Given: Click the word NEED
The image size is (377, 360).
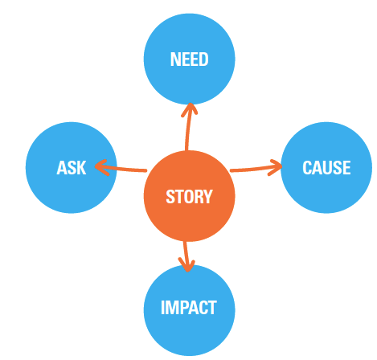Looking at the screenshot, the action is (190, 59).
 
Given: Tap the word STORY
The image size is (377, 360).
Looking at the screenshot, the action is (189, 197).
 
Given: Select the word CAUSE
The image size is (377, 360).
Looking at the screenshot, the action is (326, 168).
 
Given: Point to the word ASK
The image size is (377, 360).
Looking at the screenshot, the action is (72, 168).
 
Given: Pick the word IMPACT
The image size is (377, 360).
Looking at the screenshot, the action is (189, 308).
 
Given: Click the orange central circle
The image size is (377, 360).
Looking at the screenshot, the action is (190, 196).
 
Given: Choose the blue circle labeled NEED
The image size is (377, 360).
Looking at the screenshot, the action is (190, 59).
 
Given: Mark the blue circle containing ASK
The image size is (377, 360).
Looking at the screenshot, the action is (72, 168).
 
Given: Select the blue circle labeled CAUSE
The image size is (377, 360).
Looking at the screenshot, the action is (326, 168).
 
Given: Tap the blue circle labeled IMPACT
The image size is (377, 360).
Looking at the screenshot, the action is (190, 310).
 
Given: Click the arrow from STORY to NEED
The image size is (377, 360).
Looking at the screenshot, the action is (187, 127).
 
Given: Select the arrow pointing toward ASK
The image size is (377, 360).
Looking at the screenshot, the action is (121, 169).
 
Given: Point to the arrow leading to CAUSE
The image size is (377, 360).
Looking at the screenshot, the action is (256, 169).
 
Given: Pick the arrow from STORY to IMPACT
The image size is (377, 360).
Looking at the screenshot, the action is (186, 256).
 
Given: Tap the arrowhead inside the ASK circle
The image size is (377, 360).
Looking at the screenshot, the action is (102, 168).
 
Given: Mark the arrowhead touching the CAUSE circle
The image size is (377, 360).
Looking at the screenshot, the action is (276, 167).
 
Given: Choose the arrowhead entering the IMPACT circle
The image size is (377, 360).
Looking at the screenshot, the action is (186, 265).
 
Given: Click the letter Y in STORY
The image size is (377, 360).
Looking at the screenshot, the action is (208, 197).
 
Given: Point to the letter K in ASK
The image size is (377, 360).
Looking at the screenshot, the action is (81, 168).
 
